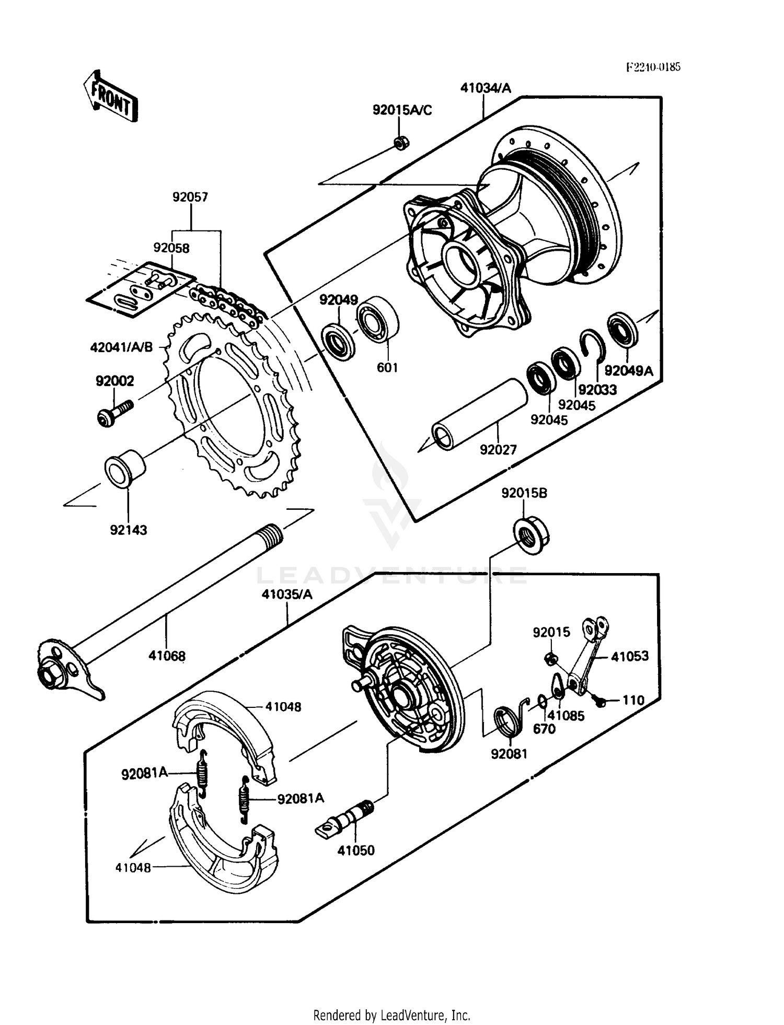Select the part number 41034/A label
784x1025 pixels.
tap(486, 88)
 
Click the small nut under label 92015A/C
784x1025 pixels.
tap(401, 142)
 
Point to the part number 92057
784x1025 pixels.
tap(190, 197)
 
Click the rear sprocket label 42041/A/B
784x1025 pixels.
tap(121, 347)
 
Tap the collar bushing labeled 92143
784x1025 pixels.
tap(125, 467)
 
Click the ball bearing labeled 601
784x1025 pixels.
tap(378, 320)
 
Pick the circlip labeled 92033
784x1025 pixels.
tap(593, 345)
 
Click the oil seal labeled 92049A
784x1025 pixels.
tap(623, 329)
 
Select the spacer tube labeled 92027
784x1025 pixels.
tap(479, 415)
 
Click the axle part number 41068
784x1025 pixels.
tap(167, 655)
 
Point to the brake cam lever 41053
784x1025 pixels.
tap(588, 656)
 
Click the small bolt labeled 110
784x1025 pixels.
tap(601, 702)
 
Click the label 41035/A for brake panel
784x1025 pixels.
tap(287, 595)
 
